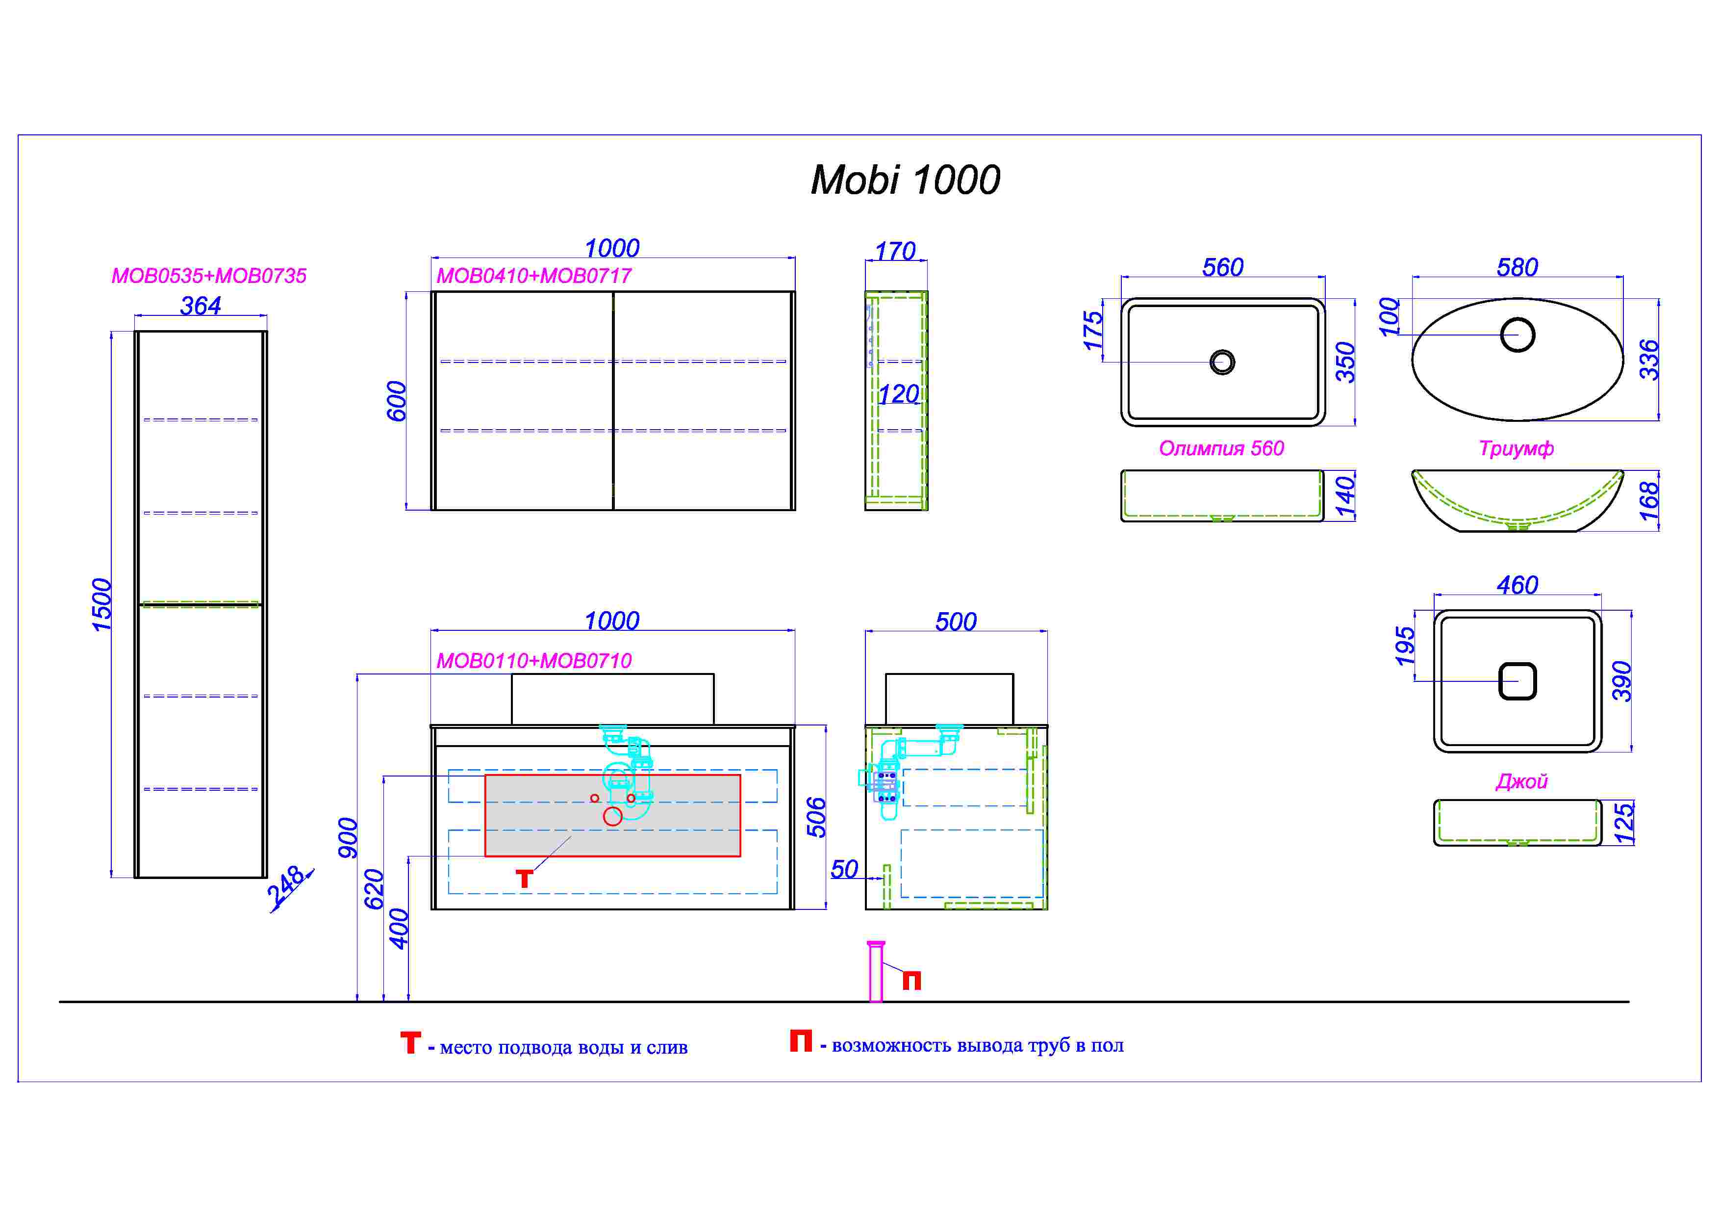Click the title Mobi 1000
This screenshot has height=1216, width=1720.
pyautogui.click(x=905, y=181)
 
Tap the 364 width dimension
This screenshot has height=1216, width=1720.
pyautogui.click(x=201, y=306)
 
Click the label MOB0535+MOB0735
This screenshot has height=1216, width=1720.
pyautogui.click(x=209, y=276)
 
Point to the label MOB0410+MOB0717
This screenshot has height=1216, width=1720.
pyautogui.click(x=534, y=276)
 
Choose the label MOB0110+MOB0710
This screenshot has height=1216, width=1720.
pyautogui.click(x=534, y=661)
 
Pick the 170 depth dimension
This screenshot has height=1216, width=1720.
pyautogui.click(x=896, y=251)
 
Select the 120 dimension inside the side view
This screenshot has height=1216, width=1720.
pyautogui.click(x=898, y=394)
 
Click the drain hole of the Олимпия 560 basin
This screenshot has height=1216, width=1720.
pyautogui.click(x=1222, y=362)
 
